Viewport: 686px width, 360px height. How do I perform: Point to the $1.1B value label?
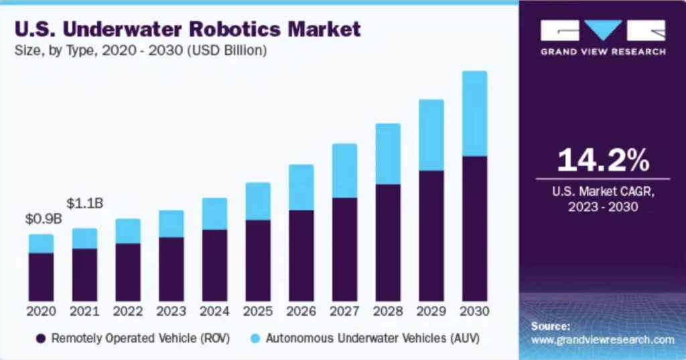(x=84, y=203)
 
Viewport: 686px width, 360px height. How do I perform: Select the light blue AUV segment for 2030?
(x=474, y=113)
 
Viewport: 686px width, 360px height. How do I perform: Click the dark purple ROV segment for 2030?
(x=474, y=228)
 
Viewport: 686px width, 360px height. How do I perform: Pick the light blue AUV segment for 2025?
(x=258, y=201)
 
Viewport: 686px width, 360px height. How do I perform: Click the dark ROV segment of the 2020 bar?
(x=41, y=276)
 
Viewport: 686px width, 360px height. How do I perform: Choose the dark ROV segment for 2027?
(x=344, y=249)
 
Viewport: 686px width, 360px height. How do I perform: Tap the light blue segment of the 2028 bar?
(x=388, y=154)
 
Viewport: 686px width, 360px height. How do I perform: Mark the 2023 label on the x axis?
(x=171, y=312)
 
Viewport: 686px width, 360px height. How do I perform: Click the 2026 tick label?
(x=301, y=312)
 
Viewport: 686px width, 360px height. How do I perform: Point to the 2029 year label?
(x=431, y=312)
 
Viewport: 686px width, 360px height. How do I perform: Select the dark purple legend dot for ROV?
(x=42, y=339)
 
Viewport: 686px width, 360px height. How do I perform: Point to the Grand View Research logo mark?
(x=602, y=31)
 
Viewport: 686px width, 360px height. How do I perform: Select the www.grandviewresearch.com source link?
(x=602, y=340)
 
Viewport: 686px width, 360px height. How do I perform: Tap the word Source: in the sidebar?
(x=551, y=326)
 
